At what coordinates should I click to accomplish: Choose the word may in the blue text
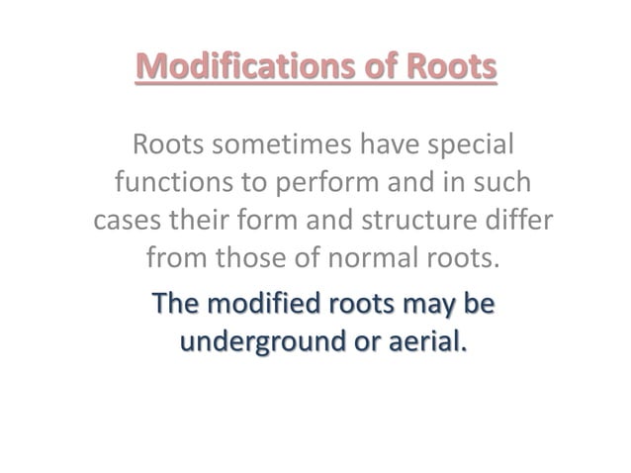click(428, 304)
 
